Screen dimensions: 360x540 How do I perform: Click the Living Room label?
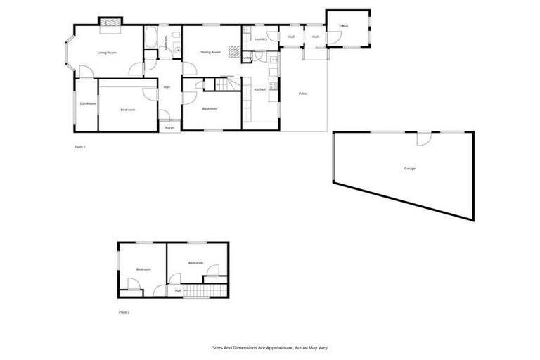tap(107, 53)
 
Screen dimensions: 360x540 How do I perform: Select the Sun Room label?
tap(87, 104)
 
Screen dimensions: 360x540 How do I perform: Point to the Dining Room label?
tap(210, 52)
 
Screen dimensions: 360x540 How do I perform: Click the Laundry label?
tap(259, 39)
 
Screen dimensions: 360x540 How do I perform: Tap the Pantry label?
tap(247, 58)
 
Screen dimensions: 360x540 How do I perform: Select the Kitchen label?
tap(259, 89)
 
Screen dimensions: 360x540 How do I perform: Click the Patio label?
tap(302, 94)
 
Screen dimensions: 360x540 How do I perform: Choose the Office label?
tap(344, 26)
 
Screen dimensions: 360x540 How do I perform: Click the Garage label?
tap(409, 169)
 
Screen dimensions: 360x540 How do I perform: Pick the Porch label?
tap(169, 128)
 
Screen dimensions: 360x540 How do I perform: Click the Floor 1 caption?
tap(79, 147)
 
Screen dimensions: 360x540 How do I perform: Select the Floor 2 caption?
tap(124, 311)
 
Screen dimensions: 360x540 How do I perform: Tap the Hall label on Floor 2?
tap(178, 290)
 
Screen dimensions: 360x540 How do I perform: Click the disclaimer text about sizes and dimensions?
tap(270, 347)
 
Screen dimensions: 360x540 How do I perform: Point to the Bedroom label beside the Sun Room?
tap(127, 110)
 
